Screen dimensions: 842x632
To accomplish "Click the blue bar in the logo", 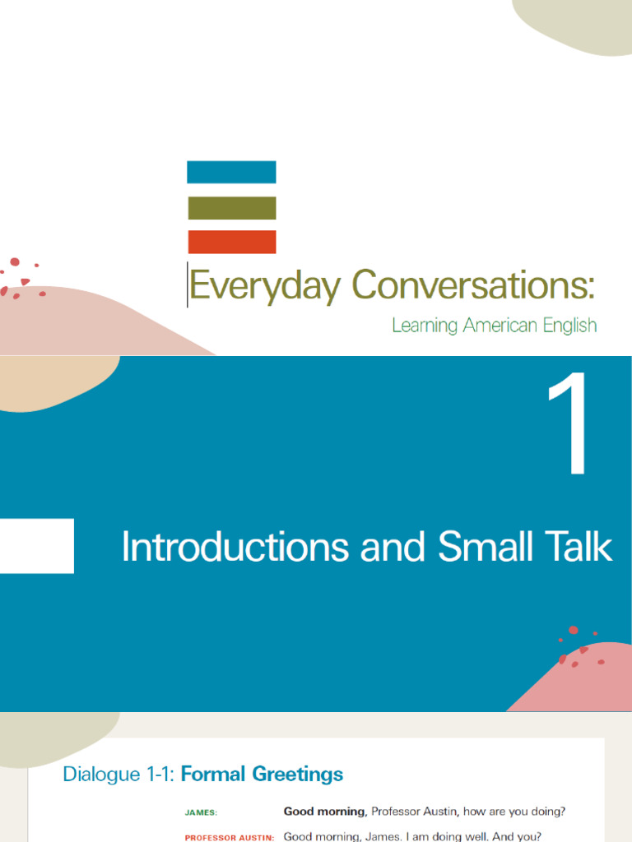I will (231, 172).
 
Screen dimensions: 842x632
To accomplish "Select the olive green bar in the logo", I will (231, 208).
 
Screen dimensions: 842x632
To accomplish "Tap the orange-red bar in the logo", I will (231, 242).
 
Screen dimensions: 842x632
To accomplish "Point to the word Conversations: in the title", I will (472, 285).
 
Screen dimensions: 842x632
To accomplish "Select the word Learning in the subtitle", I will (425, 326).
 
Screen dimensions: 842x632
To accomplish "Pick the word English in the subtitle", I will (569, 326).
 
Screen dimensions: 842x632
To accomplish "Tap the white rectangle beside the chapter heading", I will (37, 545).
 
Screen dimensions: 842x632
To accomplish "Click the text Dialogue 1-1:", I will (119, 775).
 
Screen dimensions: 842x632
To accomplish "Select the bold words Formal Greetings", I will (262, 775).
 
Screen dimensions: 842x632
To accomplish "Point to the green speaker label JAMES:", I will (202, 812).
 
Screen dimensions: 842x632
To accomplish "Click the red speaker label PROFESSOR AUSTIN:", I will (229, 837).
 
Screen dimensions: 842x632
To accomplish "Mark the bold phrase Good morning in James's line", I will (323, 812).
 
